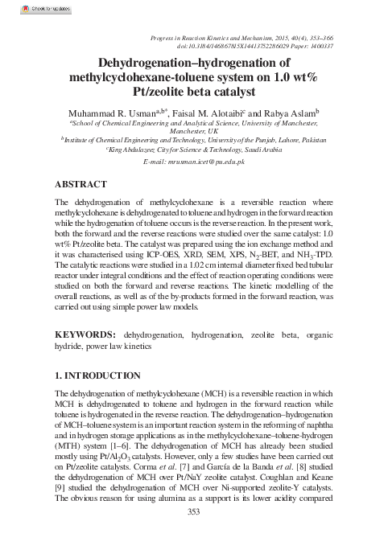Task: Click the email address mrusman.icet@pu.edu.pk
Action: tap(192, 162)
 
